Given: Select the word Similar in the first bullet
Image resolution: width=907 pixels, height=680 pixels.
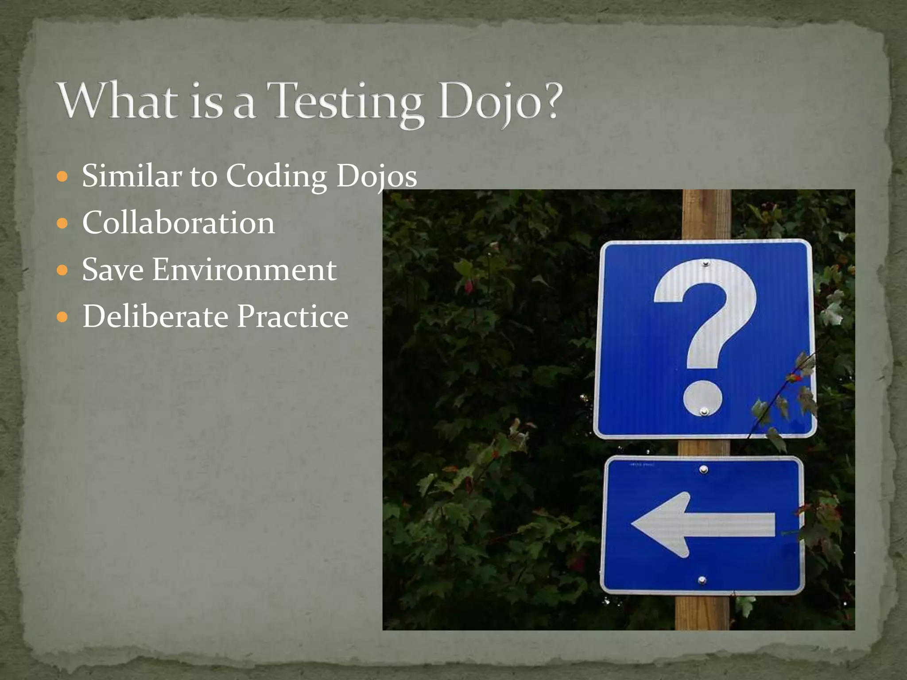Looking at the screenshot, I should (x=132, y=176).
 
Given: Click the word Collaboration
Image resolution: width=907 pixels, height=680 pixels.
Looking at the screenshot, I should (x=178, y=223).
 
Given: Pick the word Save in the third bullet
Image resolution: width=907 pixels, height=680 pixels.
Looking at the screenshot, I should (x=113, y=270).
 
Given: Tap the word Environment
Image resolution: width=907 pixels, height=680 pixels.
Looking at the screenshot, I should (x=244, y=270).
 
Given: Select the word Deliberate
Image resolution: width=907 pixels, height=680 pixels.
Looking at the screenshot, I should (x=155, y=317).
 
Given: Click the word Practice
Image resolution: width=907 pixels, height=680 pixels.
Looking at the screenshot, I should (x=293, y=317).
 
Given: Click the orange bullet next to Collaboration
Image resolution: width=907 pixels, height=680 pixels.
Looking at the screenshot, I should (x=63, y=223).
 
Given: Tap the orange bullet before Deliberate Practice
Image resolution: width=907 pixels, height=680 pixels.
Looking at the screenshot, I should (x=63, y=317).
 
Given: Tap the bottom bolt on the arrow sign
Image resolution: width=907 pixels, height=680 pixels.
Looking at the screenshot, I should (x=702, y=580).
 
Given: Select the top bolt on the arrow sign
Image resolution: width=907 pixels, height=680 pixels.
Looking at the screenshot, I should (x=704, y=469).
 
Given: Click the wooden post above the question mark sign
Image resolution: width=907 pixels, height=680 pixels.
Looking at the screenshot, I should (x=706, y=215).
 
